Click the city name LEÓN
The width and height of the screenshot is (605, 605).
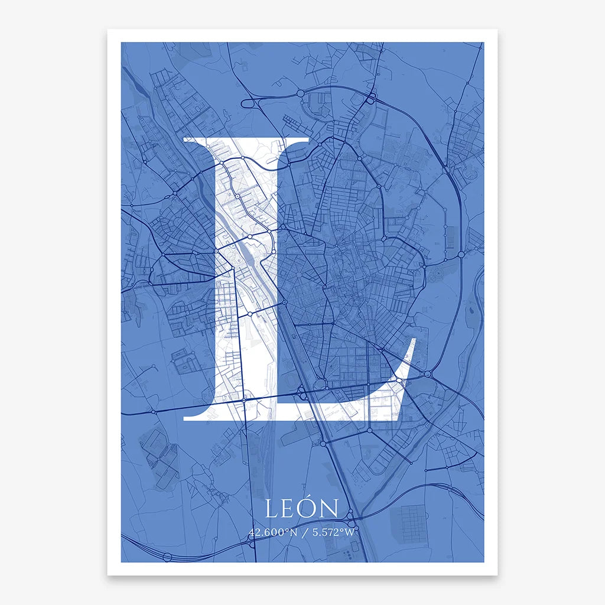[302, 509]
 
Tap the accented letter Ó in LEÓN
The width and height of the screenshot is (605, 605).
[311, 508]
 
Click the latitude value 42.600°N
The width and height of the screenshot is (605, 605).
[274, 532]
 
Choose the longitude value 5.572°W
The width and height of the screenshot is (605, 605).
[333, 532]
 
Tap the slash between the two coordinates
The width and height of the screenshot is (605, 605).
[304, 532]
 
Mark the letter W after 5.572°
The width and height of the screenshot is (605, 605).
[352, 532]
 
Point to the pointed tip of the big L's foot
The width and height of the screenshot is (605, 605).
[415, 340]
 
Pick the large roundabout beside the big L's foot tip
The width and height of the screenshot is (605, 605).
[428, 374]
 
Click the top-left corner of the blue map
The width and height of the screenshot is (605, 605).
[122, 43]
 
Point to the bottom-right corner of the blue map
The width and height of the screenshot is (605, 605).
[483, 561]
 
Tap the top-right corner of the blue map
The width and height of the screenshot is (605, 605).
[483, 43]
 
